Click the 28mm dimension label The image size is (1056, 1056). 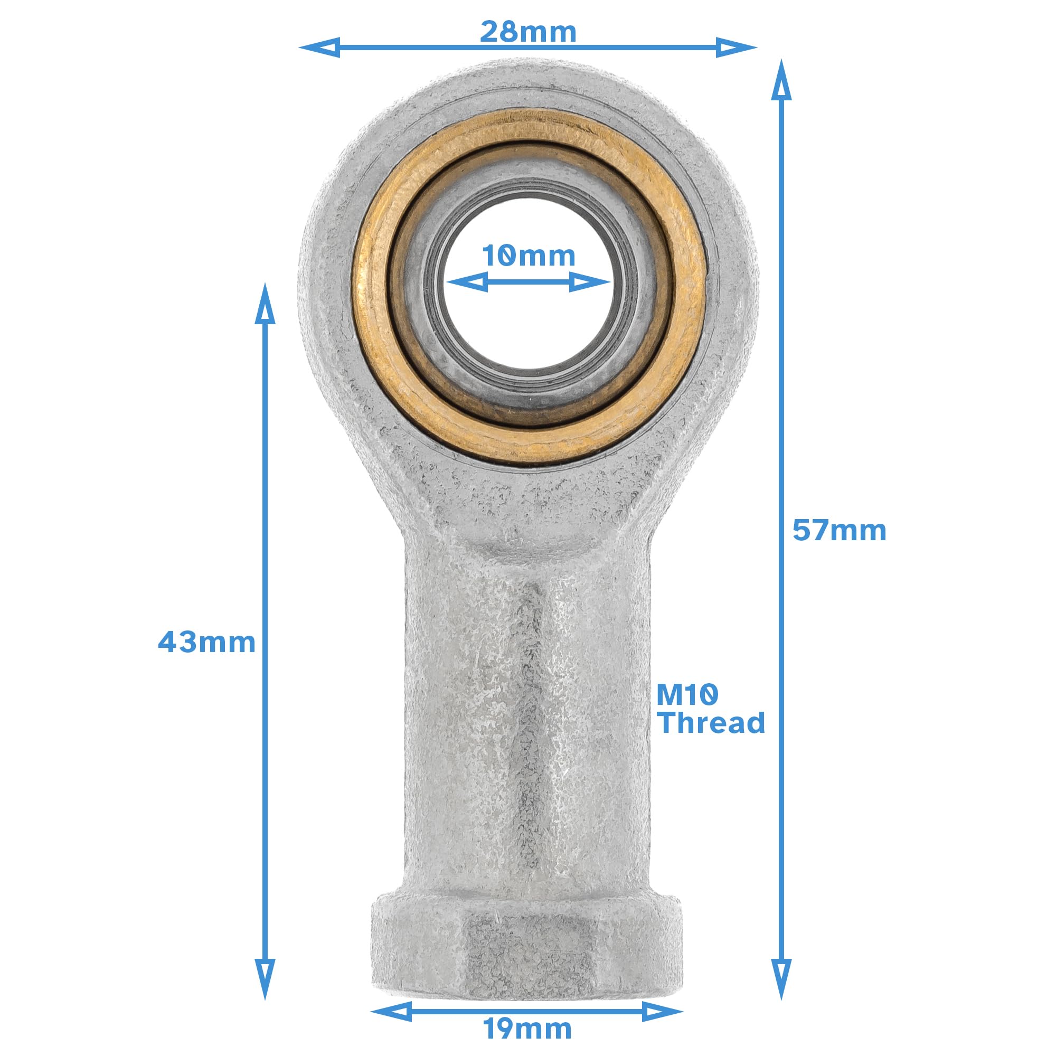[x=528, y=32]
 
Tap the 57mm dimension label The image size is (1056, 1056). [x=839, y=531]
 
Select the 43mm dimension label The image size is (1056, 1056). [x=206, y=642]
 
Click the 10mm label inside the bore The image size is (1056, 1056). [x=529, y=256]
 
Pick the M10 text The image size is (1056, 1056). [x=687, y=696]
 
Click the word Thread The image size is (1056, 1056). [x=711, y=723]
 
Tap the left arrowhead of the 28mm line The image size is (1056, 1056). [x=320, y=48]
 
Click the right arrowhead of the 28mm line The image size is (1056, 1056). [x=736, y=48]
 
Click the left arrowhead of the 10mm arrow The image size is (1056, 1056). [x=467, y=282]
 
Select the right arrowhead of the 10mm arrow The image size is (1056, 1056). [x=589, y=282]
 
